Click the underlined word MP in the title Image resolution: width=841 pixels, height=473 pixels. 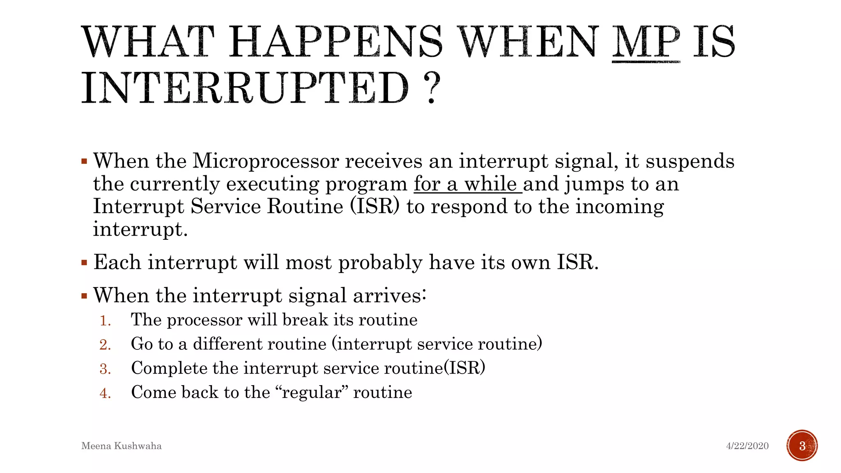point(646,42)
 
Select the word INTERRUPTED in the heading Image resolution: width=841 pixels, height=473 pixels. point(245,87)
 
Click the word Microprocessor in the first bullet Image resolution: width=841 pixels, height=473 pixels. point(266,161)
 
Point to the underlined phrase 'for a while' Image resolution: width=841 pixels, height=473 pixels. point(467,184)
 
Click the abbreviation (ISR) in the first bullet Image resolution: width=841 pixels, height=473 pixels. point(374,206)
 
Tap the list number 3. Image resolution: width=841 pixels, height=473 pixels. point(105,369)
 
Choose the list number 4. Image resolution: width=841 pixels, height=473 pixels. point(105,393)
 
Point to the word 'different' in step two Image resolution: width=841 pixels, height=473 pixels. point(260,344)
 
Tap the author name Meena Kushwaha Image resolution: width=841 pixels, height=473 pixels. point(122,446)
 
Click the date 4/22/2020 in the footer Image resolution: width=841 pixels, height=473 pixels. point(747,446)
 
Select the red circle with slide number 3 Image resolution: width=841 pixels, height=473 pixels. point(802,445)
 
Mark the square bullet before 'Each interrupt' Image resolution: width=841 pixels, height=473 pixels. point(84,263)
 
